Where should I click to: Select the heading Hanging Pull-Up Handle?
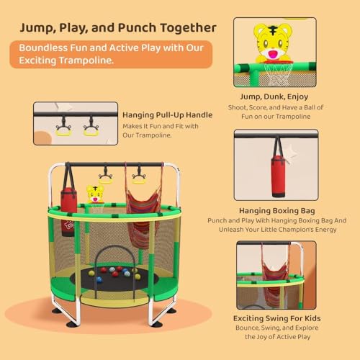click(x=168, y=114)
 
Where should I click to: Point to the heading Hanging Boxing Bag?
click(x=275, y=211)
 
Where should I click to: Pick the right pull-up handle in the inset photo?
click(x=91, y=128)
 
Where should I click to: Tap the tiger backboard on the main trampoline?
click(x=95, y=194)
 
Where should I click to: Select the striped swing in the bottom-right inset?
click(x=274, y=277)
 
